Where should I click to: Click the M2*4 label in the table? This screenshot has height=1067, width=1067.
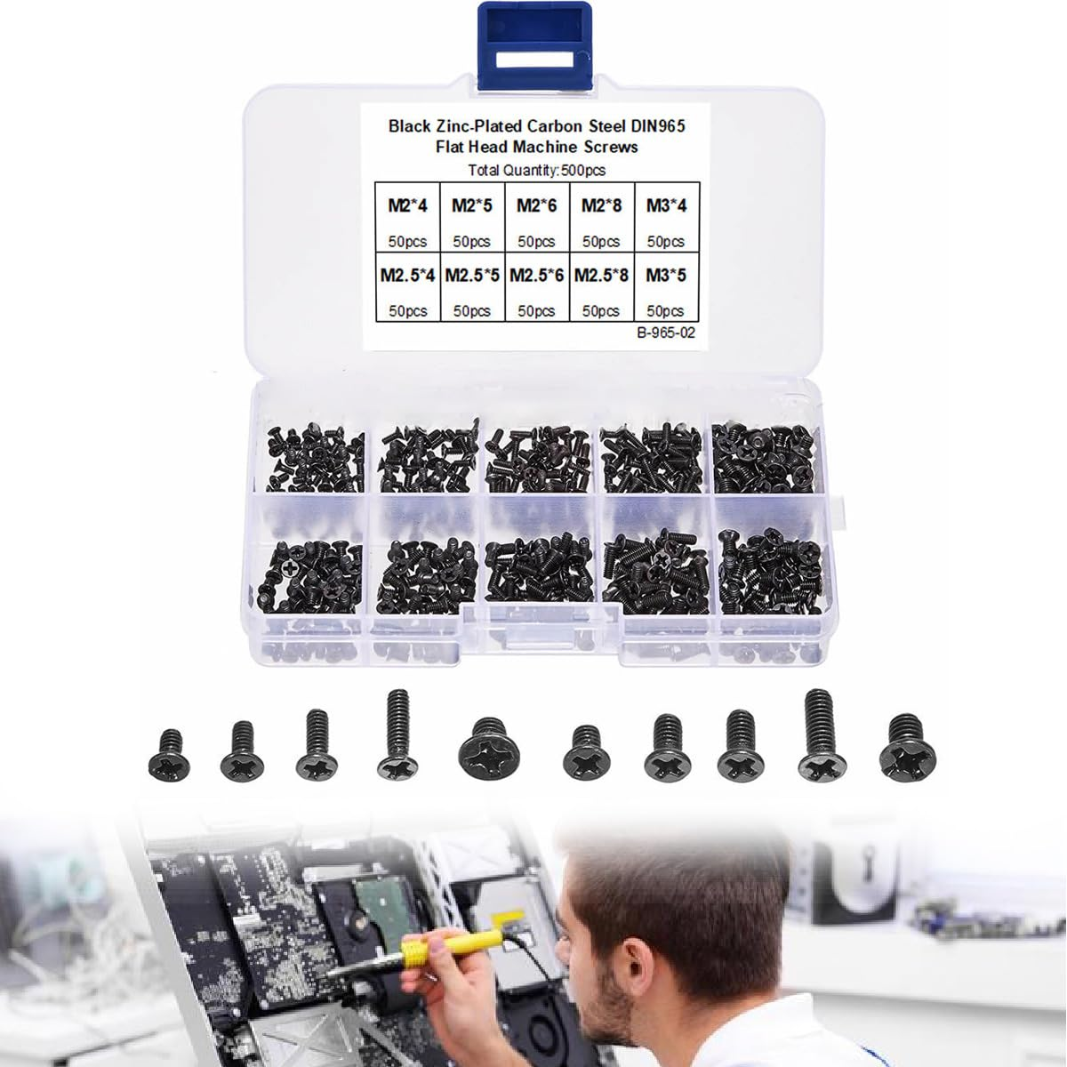tap(408, 205)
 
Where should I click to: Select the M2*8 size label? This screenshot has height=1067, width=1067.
tap(601, 205)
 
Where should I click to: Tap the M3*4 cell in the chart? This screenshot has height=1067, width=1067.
tap(666, 205)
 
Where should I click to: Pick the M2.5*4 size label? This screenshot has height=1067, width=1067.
tap(407, 275)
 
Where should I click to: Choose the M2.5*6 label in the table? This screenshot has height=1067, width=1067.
tap(537, 275)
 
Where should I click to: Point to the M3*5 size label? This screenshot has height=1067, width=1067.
tap(666, 275)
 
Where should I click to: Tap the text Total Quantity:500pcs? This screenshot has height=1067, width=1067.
tap(536, 170)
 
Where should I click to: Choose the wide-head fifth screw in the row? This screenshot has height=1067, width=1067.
tap(487, 750)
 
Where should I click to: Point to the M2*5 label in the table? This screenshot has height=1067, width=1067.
tap(472, 205)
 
